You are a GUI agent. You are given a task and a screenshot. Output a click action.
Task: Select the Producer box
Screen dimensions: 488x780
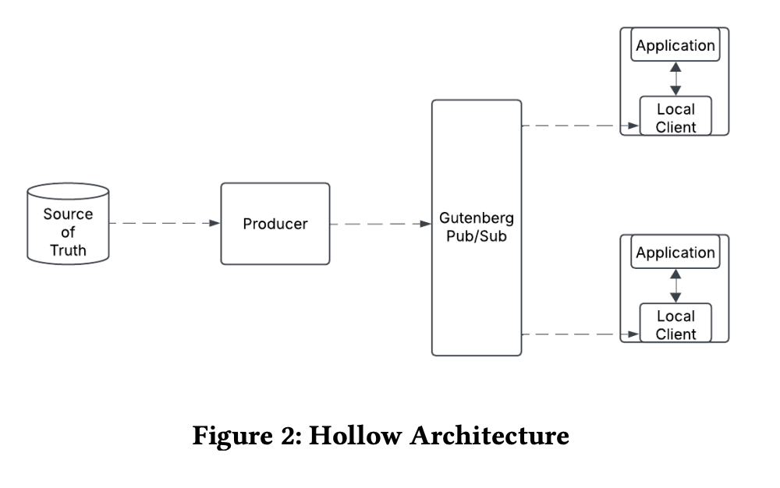tap(275, 224)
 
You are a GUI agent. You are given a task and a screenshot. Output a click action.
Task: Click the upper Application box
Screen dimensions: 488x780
tap(675, 45)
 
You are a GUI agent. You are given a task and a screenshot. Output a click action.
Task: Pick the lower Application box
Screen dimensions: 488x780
tap(675, 253)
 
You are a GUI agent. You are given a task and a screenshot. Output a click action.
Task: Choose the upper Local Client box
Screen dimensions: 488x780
tap(675, 118)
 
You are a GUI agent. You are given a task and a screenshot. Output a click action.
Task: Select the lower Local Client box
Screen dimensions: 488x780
tap(675, 324)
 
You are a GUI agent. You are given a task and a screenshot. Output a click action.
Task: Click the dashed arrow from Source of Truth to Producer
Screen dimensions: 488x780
tap(164, 224)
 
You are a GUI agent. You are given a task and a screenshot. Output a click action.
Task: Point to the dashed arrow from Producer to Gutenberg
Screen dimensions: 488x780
tap(380, 224)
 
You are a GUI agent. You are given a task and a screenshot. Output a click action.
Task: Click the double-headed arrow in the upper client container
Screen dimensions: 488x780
tap(675, 79)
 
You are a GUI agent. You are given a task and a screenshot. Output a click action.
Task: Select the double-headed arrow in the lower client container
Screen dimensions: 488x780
tap(675, 286)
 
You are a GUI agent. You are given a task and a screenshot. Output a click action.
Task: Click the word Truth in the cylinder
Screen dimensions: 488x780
tap(68, 250)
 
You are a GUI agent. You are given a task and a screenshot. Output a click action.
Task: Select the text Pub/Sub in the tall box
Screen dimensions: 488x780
tap(477, 235)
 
